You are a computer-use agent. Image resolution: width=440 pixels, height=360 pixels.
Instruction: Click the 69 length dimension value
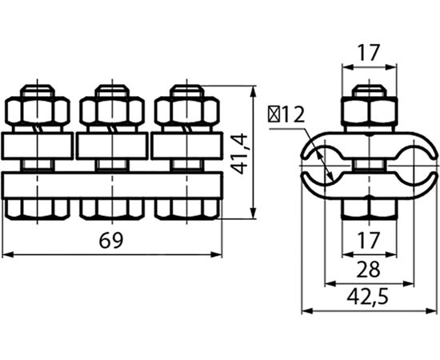coord(112,241)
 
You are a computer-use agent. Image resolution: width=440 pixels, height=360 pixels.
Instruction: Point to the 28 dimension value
coord(370,268)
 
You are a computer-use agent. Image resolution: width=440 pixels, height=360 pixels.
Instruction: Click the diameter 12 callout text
coord(287,114)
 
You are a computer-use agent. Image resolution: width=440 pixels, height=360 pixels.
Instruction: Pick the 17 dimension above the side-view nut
coord(370,54)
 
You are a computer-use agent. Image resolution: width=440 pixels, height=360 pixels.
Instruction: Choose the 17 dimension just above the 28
coord(370,240)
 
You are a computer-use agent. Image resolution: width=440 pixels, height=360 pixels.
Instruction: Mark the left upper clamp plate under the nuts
coord(38,146)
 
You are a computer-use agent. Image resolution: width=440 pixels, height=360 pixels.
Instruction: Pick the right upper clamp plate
coord(186,146)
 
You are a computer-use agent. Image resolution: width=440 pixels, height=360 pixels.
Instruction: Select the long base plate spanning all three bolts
coord(112,185)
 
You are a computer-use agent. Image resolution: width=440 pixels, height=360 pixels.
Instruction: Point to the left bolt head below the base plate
coord(38,209)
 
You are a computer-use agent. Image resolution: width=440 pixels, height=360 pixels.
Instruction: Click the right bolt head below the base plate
coord(186,209)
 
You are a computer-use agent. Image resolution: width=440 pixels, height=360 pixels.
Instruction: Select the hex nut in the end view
coord(370,111)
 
